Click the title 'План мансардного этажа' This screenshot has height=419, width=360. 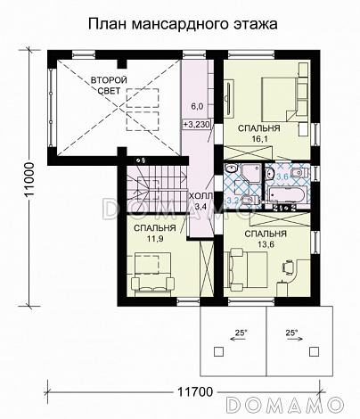(x=183, y=24)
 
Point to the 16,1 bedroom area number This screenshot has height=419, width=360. (x=259, y=139)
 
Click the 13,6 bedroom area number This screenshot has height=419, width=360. (x=266, y=244)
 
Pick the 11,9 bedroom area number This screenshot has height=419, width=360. (x=154, y=238)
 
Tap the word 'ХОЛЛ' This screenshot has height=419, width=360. (x=201, y=196)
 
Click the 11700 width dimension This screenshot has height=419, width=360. (x=195, y=392)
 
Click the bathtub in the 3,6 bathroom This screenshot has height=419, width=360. (x=286, y=195)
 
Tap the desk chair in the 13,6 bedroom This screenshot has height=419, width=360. (x=288, y=266)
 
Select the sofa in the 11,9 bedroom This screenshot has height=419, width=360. (x=152, y=284)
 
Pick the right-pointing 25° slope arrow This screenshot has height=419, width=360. (x=294, y=339)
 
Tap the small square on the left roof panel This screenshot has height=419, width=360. (x=218, y=352)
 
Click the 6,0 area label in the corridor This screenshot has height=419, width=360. (x=197, y=107)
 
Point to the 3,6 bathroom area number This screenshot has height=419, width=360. (x=282, y=177)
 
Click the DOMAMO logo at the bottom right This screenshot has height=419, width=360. (x=285, y=404)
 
